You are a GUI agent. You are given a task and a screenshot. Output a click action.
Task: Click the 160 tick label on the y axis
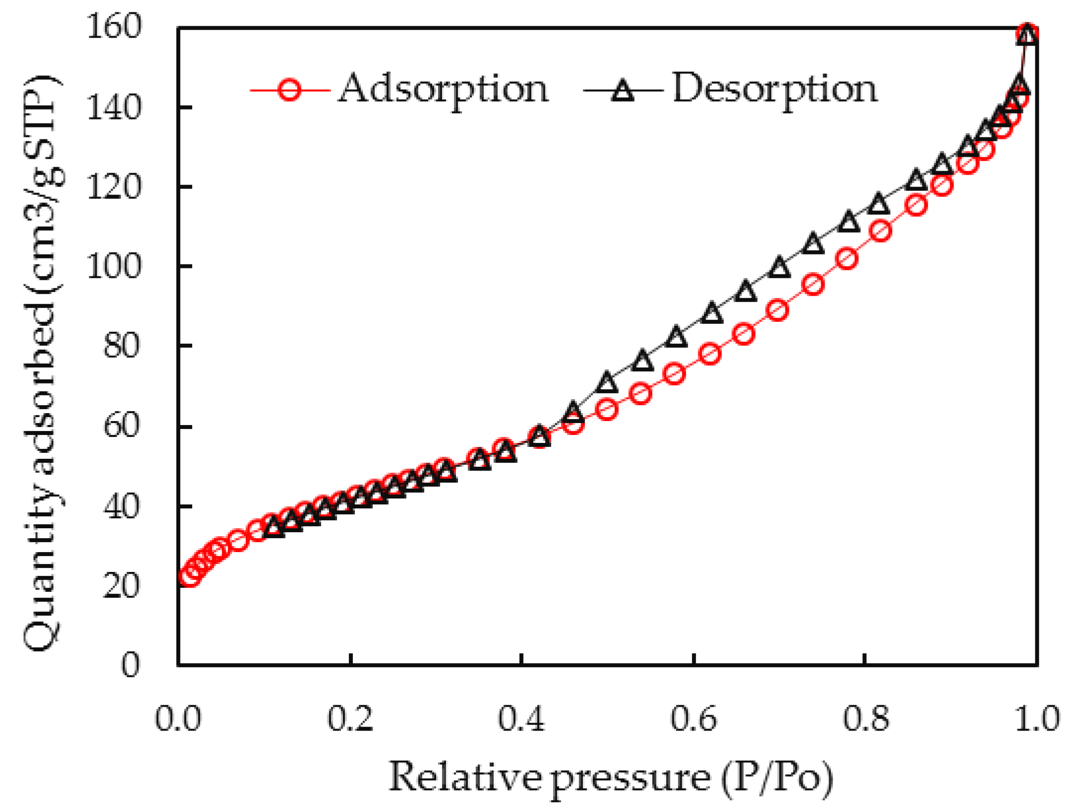114,26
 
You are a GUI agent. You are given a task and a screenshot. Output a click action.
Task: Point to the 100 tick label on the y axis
114,266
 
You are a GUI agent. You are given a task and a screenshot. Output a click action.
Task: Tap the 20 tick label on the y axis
121,586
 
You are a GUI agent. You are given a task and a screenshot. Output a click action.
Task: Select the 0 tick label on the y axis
130,665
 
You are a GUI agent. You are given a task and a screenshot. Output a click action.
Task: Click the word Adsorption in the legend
443,89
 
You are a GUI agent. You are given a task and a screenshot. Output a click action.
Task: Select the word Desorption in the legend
774,89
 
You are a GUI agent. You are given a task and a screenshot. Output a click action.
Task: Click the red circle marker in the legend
289,90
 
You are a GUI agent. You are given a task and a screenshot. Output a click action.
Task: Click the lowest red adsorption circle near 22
190,575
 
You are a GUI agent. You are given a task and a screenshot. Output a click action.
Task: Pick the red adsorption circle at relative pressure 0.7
778,310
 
